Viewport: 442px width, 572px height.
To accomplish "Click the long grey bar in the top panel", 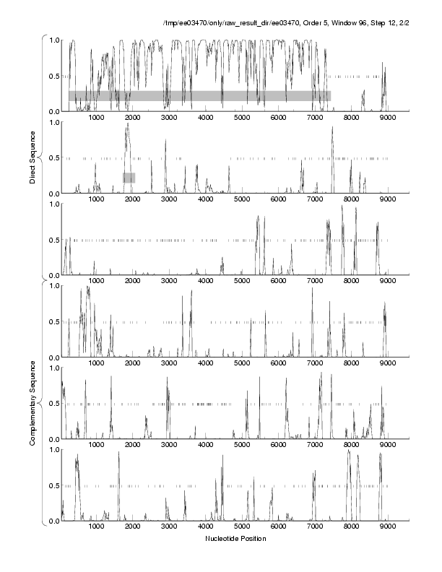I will [199, 95].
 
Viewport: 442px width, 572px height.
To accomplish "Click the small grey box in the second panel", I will [129, 178].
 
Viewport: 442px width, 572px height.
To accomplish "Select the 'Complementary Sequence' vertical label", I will [32, 400].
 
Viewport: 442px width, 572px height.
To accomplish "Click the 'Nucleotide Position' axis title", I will [235, 538].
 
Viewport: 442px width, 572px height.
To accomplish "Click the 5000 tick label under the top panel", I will [241, 118].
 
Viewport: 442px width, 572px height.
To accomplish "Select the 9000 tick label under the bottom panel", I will [388, 527].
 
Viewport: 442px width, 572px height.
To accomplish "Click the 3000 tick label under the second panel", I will [168, 199].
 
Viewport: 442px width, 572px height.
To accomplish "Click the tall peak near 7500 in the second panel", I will [332, 129].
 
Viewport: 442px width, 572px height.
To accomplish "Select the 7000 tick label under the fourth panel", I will [315, 363].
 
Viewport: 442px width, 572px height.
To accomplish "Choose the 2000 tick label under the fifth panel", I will [132, 445].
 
